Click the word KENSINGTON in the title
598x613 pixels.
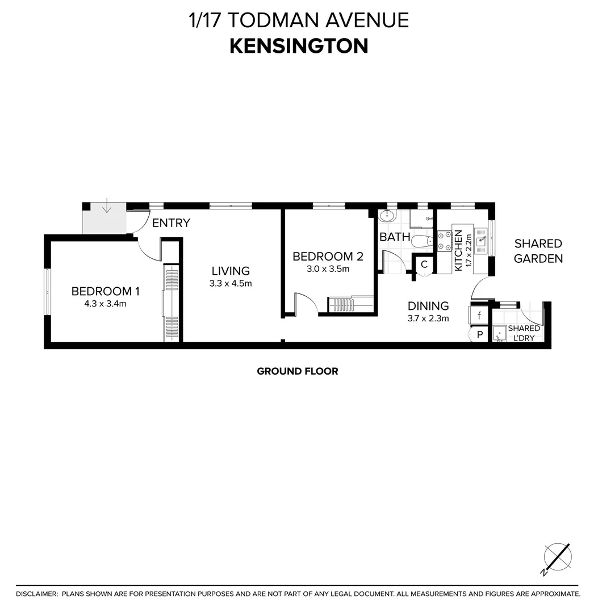pyautogui.click(x=299, y=46)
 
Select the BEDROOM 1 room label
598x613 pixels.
pyautogui.click(x=106, y=291)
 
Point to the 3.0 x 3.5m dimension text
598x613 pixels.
pyautogui.click(x=328, y=269)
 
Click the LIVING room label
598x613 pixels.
pyautogui.click(x=231, y=271)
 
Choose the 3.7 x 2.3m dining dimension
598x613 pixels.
pyautogui.click(x=428, y=318)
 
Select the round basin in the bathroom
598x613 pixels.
pyautogui.click(x=387, y=216)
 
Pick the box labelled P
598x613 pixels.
pyautogui.click(x=479, y=335)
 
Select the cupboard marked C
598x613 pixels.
pyautogui.click(x=424, y=264)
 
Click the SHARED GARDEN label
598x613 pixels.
pyautogui.click(x=538, y=251)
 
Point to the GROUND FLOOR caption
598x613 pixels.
pyautogui.click(x=298, y=371)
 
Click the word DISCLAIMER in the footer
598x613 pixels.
pyautogui.click(x=37, y=594)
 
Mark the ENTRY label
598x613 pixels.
pyautogui.click(x=171, y=223)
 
